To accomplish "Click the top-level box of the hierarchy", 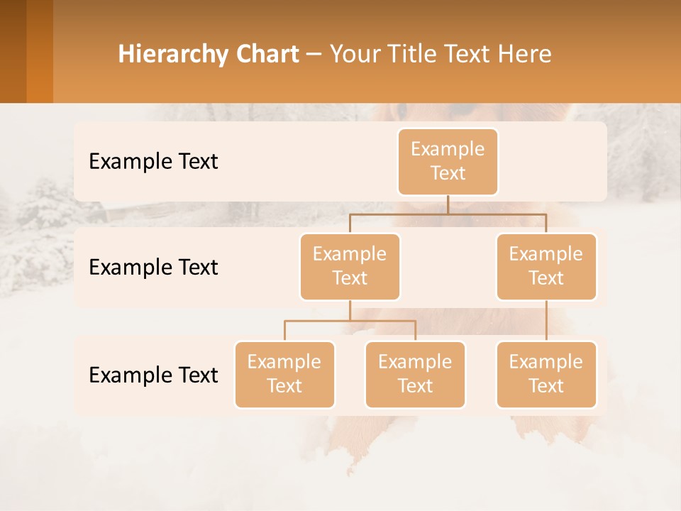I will (x=448, y=162).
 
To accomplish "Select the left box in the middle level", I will (x=350, y=267).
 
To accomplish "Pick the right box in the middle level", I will (x=546, y=267).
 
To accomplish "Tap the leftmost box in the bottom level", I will (x=284, y=375).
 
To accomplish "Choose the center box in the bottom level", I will (x=415, y=375).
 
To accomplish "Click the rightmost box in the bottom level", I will (x=546, y=375).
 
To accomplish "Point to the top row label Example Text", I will (x=153, y=162).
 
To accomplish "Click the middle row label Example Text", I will (x=153, y=268).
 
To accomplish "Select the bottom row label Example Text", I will (x=153, y=375).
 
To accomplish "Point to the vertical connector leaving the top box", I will (x=448, y=204).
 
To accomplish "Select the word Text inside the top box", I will (x=448, y=173).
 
